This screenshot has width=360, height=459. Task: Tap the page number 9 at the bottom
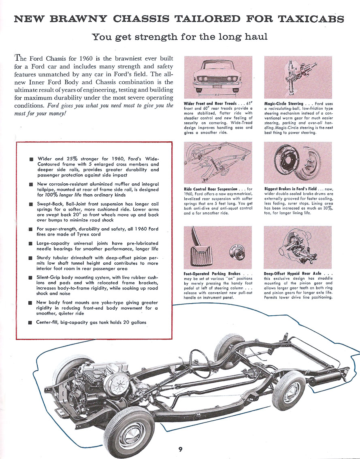(180, 448)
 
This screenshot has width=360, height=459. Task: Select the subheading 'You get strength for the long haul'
(180, 37)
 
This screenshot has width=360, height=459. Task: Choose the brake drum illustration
(298, 162)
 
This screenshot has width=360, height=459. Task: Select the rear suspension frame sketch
(218, 162)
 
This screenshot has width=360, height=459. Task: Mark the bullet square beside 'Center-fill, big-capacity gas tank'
(31, 323)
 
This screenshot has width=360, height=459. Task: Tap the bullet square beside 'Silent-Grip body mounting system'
(31, 278)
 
